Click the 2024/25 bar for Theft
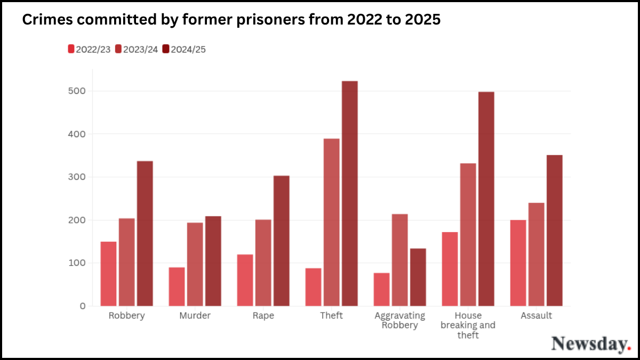(x=350, y=194)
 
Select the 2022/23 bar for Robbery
(x=108, y=274)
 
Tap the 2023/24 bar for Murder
(x=195, y=264)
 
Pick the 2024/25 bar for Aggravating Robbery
(x=418, y=277)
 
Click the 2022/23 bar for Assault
(x=518, y=263)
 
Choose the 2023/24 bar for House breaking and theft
(x=468, y=235)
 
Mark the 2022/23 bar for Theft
(x=313, y=287)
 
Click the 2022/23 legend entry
(x=89, y=50)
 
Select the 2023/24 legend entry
(x=137, y=50)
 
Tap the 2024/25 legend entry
(x=184, y=50)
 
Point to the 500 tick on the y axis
(x=78, y=91)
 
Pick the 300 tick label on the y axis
(x=78, y=177)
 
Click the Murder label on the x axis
(x=195, y=316)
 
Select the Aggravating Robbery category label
(x=400, y=320)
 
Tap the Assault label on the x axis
(x=536, y=316)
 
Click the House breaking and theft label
(x=468, y=325)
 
